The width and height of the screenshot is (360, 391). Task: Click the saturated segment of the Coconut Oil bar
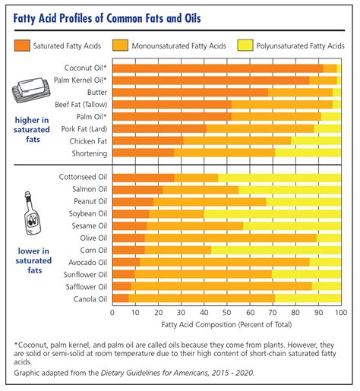(x=218, y=68)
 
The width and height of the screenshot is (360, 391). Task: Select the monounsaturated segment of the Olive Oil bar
(x=230, y=238)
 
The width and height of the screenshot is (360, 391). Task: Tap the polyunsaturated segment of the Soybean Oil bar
(x=273, y=214)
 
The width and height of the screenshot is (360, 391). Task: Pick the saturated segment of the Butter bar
(x=191, y=93)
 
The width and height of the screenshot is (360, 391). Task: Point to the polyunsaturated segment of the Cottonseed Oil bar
(x=279, y=178)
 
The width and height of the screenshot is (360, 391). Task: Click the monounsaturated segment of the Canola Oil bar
(x=201, y=298)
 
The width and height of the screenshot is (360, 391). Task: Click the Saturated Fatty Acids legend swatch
(x=22, y=46)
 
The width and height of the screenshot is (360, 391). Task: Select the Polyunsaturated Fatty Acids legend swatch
(x=245, y=46)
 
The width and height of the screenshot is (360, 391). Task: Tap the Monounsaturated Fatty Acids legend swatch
(x=120, y=46)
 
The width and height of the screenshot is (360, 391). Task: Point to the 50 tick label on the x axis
(x=227, y=313)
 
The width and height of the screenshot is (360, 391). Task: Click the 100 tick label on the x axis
(x=341, y=313)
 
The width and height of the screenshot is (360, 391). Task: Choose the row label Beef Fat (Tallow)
(x=81, y=105)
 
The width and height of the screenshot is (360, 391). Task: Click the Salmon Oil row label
(x=90, y=189)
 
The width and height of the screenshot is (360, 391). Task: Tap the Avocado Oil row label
(x=87, y=263)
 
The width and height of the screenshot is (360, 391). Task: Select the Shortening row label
(x=90, y=153)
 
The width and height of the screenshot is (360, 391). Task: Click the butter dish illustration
(x=31, y=90)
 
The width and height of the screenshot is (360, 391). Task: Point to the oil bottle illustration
(x=32, y=213)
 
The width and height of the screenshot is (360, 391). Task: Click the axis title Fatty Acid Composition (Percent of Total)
(x=226, y=325)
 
